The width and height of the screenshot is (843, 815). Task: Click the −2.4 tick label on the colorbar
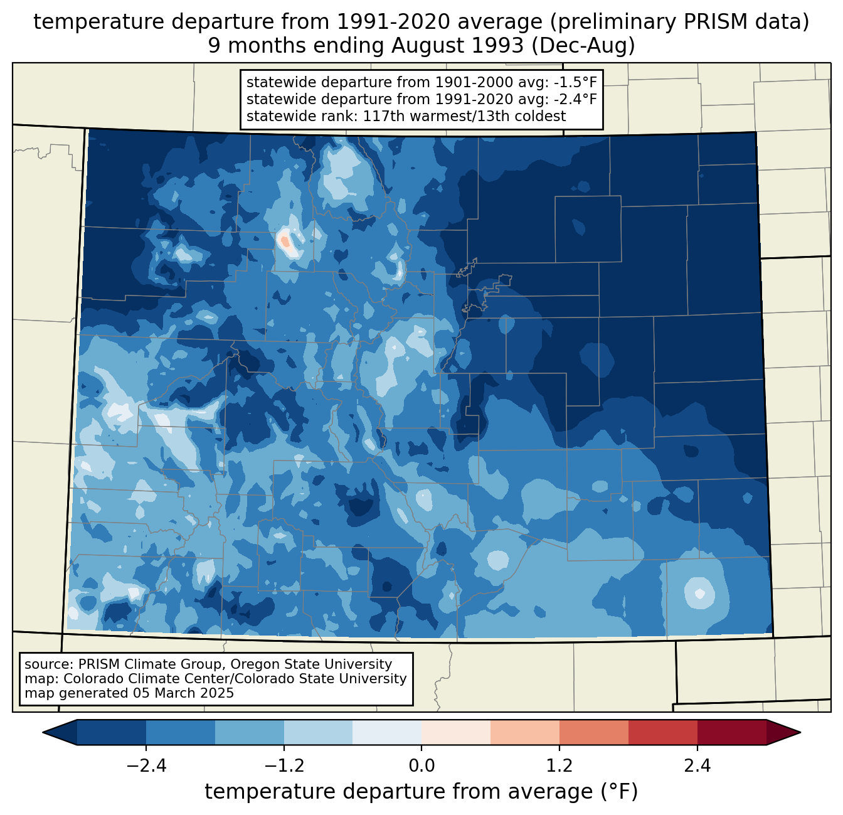pos(146,766)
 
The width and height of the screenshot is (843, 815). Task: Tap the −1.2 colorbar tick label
pos(284,766)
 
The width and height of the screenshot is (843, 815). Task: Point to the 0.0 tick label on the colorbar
pos(422,766)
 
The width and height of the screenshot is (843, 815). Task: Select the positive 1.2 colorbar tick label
pos(559,766)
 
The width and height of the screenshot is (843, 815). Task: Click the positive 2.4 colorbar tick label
pos(697,766)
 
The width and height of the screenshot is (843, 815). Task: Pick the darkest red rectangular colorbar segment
pos(731,732)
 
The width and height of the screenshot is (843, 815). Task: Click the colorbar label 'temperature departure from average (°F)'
pos(422,792)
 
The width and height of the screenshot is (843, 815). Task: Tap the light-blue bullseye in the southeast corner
pos(698,592)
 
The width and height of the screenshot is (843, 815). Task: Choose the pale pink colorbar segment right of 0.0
pos(456,732)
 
